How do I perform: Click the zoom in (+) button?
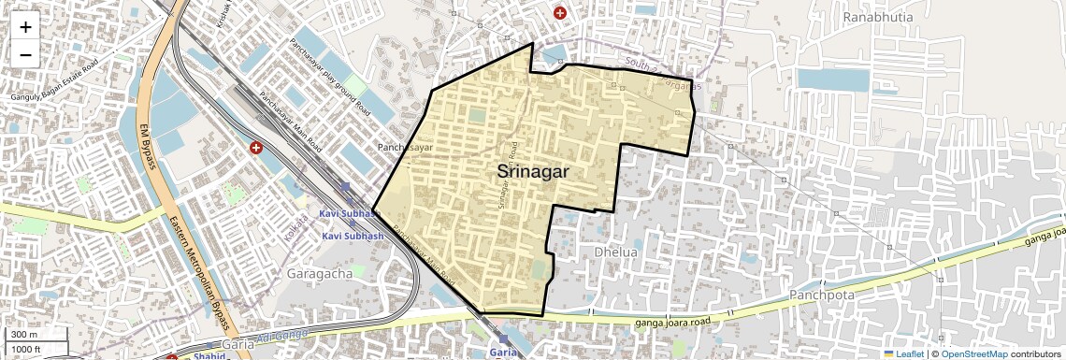coord(25,27)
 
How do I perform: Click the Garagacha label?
coord(315,273)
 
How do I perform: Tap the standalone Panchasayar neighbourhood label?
coord(406,148)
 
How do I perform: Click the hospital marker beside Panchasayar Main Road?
coord(255,148)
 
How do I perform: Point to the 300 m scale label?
coord(24,335)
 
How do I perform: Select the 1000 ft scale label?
coord(26,349)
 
